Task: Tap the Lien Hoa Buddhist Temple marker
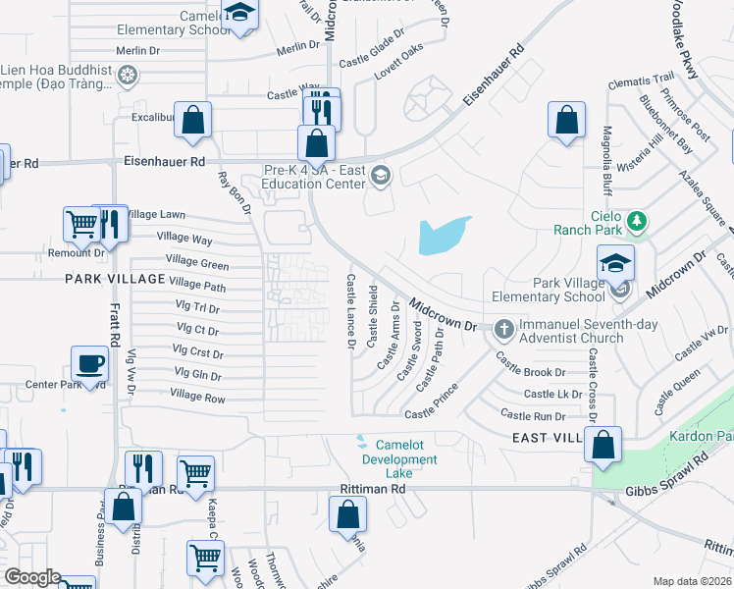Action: pos(127,75)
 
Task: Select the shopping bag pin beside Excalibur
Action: pos(194,122)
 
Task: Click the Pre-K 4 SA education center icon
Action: pos(381,176)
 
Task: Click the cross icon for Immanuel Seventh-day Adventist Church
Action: pos(503,328)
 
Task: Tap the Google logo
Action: pos(31,577)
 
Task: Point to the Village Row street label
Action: pos(197,397)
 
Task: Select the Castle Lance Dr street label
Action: pos(350,311)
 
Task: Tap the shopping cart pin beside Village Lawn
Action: pos(80,225)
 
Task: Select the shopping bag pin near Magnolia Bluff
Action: pos(566,122)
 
